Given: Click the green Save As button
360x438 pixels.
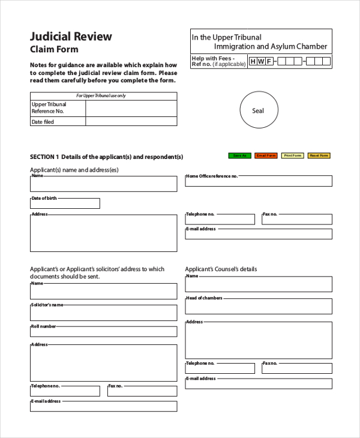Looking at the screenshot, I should pyautogui.click(x=239, y=155).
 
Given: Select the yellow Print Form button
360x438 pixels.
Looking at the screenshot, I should pyautogui.click(x=292, y=155).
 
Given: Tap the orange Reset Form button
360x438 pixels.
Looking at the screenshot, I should pyautogui.click(x=319, y=155).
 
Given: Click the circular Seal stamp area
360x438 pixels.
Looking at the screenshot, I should pyautogui.click(x=257, y=110).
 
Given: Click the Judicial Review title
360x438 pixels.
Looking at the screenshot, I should pyautogui.click(x=71, y=37).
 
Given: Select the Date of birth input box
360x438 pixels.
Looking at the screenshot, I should pyautogui.click(x=65, y=203).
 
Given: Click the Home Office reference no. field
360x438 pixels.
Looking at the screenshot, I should pyautogui.click(x=258, y=181).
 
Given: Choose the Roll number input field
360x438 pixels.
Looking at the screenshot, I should pyautogui.click(x=103, y=332).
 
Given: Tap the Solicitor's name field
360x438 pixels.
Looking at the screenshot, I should pyautogui.click(x=103, y=313).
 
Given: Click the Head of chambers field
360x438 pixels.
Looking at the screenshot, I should pyautogui.click(x=258, y=306).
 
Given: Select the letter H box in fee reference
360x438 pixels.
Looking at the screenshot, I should pyautogui.click(x=253, y=61).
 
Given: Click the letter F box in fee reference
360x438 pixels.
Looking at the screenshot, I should pyautogui.click(x=269, y=61).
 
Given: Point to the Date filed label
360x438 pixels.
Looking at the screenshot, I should pyautogui.click(x=43, y=122).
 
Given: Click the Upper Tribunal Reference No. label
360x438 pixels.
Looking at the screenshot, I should pyautogui.click(x=48, y=108).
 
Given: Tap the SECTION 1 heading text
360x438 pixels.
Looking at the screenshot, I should pyautogui.click(x=106, y=157).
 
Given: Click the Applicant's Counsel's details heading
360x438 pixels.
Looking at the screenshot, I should pyautogui.click(x=221, y=269).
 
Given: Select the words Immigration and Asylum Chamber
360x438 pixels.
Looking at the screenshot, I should pyautogui.click(x=271, y=46).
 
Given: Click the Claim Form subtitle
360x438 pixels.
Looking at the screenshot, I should pyautogui.click(x=54, y=50).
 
